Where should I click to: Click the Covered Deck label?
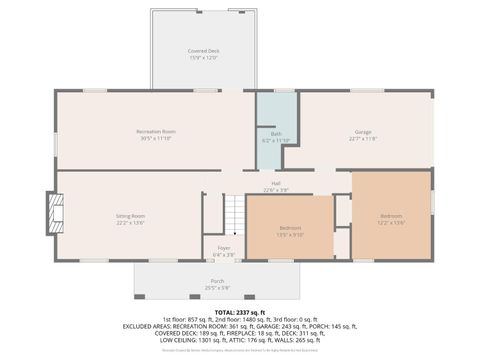tap(204, 51)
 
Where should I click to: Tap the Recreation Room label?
tap(156, 132)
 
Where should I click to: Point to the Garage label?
tap(362, 132)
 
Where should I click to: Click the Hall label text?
tap(275, 183)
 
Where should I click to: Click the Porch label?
tap(217, 281)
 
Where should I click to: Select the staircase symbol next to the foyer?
tap(232, 213)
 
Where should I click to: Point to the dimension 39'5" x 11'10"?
tap(156, 138)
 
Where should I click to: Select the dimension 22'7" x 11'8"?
tap(362, 138)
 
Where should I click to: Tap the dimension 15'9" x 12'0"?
tap(204, 57)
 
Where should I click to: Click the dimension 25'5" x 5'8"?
tap(217, 288)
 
